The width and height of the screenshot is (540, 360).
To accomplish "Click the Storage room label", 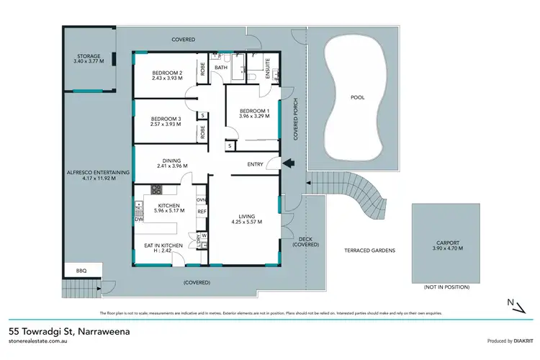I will (90, 56).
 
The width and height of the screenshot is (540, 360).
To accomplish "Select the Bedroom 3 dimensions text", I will (165, 125).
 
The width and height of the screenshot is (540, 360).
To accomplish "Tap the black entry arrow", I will (288, 163).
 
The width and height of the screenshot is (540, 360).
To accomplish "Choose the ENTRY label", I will (256, 164).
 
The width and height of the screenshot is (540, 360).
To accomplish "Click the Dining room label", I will (171, 161).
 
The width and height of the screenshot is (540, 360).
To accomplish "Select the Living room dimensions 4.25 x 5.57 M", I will (244, 222).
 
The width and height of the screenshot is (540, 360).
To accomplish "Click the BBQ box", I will (81, 271).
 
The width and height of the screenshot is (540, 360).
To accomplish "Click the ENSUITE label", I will (273, 63).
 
